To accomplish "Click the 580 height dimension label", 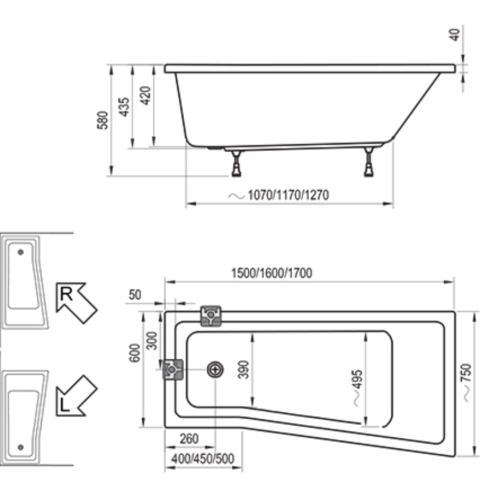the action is click(103, 120).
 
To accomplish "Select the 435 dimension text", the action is click(124, 106).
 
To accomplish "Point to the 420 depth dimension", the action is click(146, 96).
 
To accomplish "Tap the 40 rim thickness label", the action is click(456, 35).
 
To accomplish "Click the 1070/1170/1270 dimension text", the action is click(288, 195).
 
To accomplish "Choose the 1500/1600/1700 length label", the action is click(272, 273).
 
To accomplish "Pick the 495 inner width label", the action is click(357, 379).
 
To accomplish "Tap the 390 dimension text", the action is click(244, 369).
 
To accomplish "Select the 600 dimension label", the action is click(134, 353).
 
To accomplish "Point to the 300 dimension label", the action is click(152, 341).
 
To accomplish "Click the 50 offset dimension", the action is click(135, 294).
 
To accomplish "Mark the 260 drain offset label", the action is click(189, 439).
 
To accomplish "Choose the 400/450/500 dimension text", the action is click(203, 459).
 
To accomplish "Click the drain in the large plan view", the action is click(215, 370).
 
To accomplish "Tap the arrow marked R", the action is click(76, 303).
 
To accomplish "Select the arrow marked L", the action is click(76, 396).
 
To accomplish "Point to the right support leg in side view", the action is click(369, 162).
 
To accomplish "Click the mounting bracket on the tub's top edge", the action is click(210, 316).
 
